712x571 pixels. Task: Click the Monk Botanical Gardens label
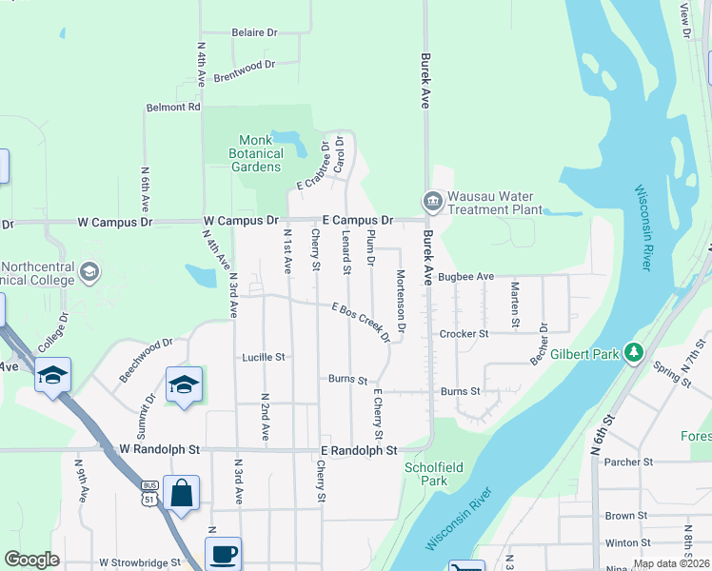click(x=259, y=153)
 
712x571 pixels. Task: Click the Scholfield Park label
click(x=425, y=474)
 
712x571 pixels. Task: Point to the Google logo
click(x=31, y=560)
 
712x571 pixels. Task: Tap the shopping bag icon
click(x=181, y=494)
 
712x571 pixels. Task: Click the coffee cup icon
click(x=223, y=554)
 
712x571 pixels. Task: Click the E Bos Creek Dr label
click(x=361, y=323)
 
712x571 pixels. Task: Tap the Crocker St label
click(x=464, y=334)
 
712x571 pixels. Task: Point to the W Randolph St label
click(x=160, y=448)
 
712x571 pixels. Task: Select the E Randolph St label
click(x=358, y=449)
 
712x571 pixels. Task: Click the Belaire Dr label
click(x=254, y=32)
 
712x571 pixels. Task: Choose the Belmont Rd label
click(x=173, y=108)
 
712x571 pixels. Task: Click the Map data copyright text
click(x=671, y=563)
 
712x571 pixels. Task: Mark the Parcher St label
click(x=628, y=462)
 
